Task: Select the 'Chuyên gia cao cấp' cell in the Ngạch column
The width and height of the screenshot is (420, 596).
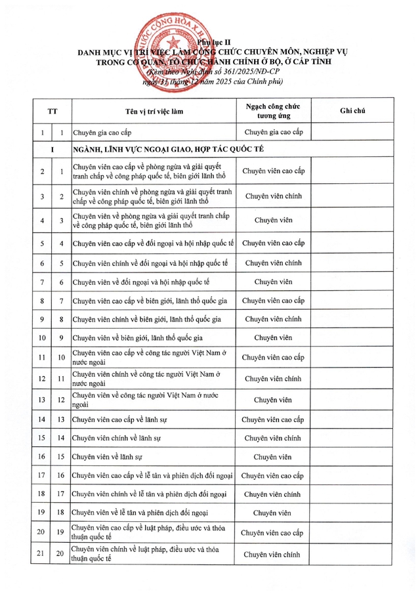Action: click(273, 133)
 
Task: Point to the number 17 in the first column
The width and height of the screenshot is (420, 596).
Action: click(42, 475)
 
